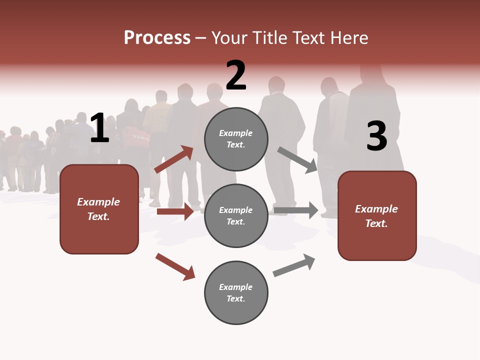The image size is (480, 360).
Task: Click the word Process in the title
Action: [157, 38]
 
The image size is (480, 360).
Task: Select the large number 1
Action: [99, 128]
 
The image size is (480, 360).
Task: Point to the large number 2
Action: [236, 75]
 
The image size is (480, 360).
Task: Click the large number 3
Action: [376, 136]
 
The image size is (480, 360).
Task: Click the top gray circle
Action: [236, 139]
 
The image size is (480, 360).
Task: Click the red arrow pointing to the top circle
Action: [173, 159]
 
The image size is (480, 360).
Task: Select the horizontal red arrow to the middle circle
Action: [175, 211]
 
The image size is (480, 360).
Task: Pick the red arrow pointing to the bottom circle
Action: [175, 266]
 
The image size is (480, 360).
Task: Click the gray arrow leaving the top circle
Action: [297, 159]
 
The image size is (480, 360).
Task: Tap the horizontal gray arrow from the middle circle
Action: [296, 210]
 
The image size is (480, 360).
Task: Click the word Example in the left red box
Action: [98, 202]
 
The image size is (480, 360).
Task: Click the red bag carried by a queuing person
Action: [135, 135]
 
